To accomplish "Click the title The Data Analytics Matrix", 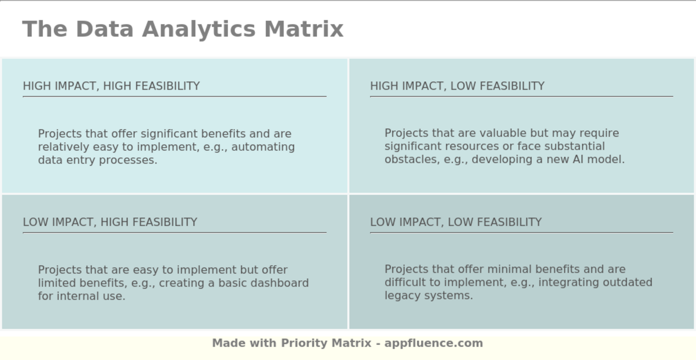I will (x=182, y=29).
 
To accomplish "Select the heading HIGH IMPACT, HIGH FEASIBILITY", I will (x=111, y=86).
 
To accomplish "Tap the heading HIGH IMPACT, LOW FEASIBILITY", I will (x=457, y=86).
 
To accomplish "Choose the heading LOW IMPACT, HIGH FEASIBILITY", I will (x=110, y=222).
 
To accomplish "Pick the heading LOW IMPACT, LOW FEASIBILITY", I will (x=455, y=222).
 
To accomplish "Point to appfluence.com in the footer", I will (x=434, y=343).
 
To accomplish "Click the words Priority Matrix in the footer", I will (x=326, y=343).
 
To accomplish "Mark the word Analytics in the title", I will (x=199, y=29).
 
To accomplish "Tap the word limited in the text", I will (x=57, y=283).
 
